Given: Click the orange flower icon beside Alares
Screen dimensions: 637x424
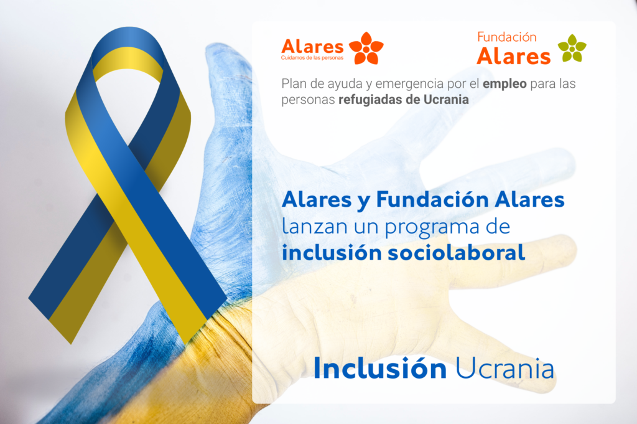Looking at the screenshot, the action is pos(366,48).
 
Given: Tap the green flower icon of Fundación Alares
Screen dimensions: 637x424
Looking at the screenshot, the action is pos(572,49).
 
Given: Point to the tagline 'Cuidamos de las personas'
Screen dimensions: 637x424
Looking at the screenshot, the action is pos(312,58).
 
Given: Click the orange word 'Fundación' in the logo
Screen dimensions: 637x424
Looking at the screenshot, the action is pos(506,37).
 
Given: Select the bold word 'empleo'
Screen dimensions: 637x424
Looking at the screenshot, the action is pos(504,84).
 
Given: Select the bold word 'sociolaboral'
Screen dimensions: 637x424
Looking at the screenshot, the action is pos(456,252).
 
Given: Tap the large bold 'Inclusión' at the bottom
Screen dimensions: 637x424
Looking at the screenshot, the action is pos(380,368).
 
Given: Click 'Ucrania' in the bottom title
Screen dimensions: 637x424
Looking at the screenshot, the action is pos(504,369).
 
